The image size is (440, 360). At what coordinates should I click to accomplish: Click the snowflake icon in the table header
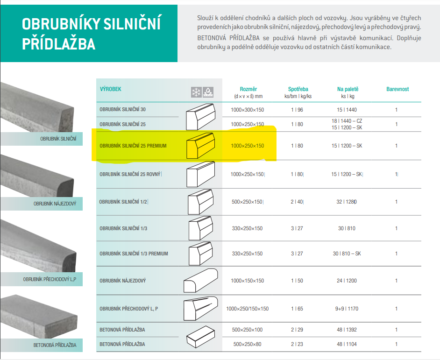(x=197, y=92)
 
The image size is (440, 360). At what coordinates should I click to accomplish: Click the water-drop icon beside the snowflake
(x=208, y=92)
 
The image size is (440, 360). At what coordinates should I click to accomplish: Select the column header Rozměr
(x=248, y=89)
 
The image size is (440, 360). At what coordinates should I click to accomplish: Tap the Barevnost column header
(x=397, y=89)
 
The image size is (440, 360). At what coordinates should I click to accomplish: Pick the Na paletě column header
(x=348, y=89)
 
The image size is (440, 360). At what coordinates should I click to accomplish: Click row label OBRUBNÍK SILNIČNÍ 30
(x=123, y=109)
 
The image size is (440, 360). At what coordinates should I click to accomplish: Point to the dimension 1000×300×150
(x=247, y=110)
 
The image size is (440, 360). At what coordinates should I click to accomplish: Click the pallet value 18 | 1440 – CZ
(x=347, y=121)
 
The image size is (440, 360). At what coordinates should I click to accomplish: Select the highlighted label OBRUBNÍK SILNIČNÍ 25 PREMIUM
(x=133, y=146)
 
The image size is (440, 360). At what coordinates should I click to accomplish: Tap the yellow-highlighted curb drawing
(x=201, y=146)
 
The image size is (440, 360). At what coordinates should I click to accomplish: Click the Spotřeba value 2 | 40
(x=297, y=202)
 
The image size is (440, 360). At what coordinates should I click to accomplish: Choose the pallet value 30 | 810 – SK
(x=347, y=254)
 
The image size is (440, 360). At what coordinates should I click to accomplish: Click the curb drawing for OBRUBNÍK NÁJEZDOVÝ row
(x=201, y=281)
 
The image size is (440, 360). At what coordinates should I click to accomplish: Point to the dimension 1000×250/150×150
(x=247, y=309)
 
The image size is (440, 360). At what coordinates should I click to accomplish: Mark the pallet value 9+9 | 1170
(x=347, y=309)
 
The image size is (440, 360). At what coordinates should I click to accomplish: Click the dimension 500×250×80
(x=247, y=344)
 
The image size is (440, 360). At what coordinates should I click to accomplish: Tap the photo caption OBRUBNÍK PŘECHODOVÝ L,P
(x=50, y=279)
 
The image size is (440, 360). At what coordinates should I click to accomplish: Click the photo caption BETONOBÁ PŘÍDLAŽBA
(x=55, y=345)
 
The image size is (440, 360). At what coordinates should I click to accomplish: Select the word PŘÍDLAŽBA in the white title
(x=59, y=44)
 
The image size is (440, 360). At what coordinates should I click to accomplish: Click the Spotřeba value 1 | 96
(x=297, y=110)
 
